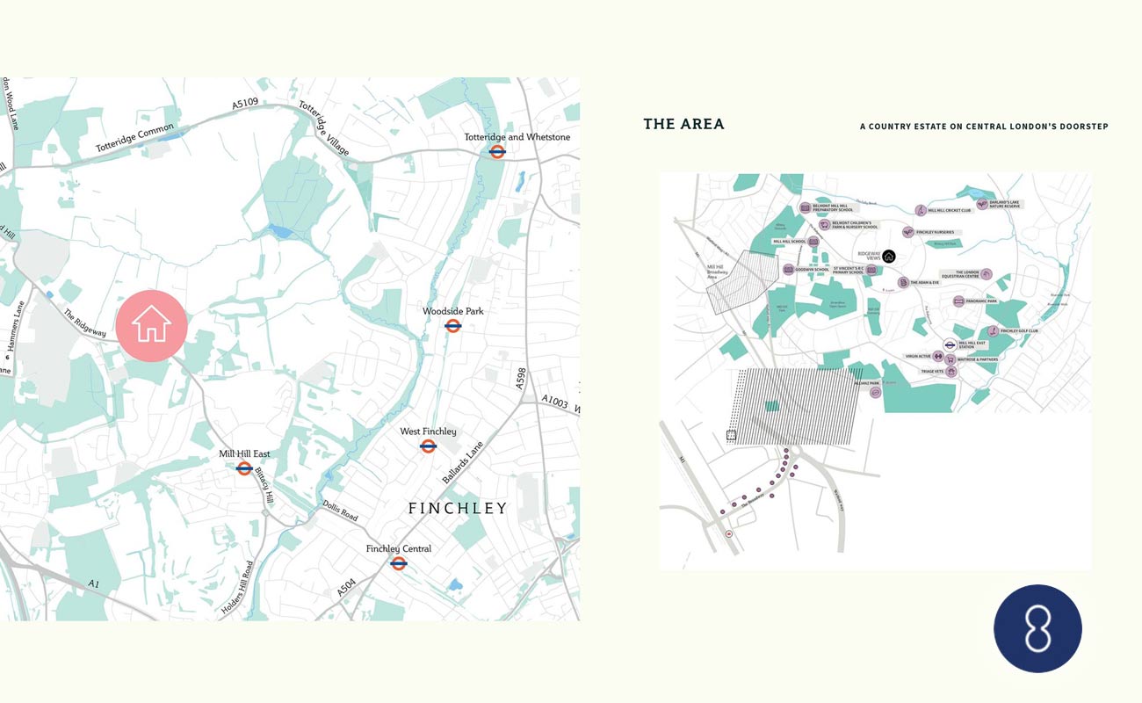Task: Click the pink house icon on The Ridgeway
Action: tap(152, 325)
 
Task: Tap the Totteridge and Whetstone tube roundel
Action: tap(497, 151)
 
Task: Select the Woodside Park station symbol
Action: tap(453, 326)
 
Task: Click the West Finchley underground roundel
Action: tap(429, 446)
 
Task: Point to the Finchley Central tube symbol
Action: tap(399, 563)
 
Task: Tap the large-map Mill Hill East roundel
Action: tap(244, 468)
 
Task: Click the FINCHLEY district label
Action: tap(458, 508)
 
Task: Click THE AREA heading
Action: tap(683, 124)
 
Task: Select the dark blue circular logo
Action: tap(1037, 628)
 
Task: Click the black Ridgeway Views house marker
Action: tap(888, 256)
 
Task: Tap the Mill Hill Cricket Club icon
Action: tap(920, 210)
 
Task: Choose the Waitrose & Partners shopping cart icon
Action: tap(950, 359)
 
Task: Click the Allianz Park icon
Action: tap(875, 392)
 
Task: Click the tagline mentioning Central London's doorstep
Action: tap(984, 127)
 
